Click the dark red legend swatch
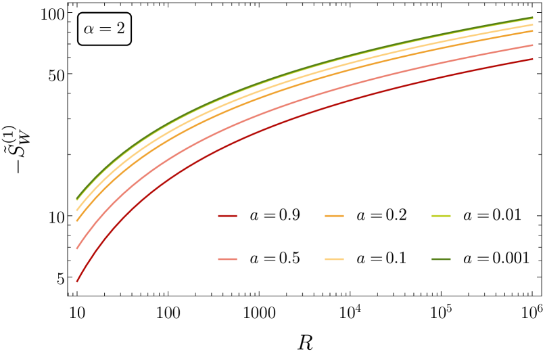click(227, 216)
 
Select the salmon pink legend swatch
click(227, 259)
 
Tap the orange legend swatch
click(334, 216)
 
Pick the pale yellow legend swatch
click(334, 259)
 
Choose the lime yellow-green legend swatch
click(440, 216)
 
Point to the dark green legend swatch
click(440, 259)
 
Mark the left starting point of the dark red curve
click(77, 281)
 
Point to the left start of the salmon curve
click(77, 248)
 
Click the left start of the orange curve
click(77, 220)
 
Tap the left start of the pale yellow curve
click(77, 210)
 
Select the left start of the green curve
click(77, 200)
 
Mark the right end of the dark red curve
click(533, 59)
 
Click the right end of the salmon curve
click(533, 45)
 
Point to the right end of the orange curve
click(533, 30)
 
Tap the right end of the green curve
click(533, 18)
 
